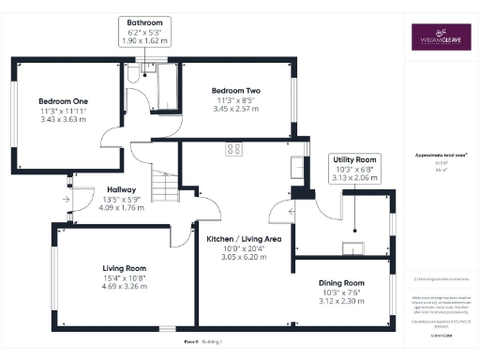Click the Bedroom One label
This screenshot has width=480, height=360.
pyautogui.click(x=63, y=101)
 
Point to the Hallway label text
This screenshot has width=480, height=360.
pyautogui.click(x=121, y=188)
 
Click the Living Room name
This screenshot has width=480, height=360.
pyautogui.click(x=126, y=268)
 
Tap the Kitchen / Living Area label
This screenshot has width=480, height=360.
pyautogui.click(x=243, y=239)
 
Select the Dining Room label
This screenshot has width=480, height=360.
pyautogui.click(x=340, y=282)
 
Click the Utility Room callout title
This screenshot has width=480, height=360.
pyautogui.click(x=355, y=160)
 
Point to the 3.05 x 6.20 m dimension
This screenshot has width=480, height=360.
pyautogui.click(x=243, y=256)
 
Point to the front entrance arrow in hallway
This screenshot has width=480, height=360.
pyautogui.click(x=67, y=199)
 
